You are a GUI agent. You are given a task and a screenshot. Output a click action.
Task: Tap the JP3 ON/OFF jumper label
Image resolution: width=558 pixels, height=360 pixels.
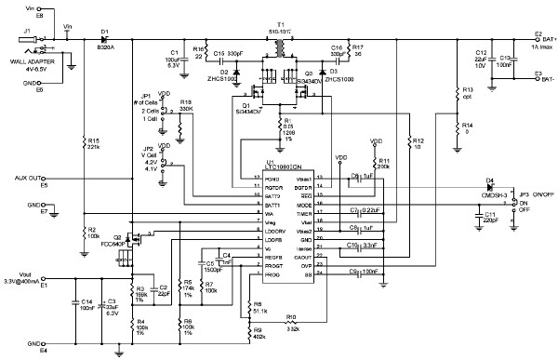tap(533, 194)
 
